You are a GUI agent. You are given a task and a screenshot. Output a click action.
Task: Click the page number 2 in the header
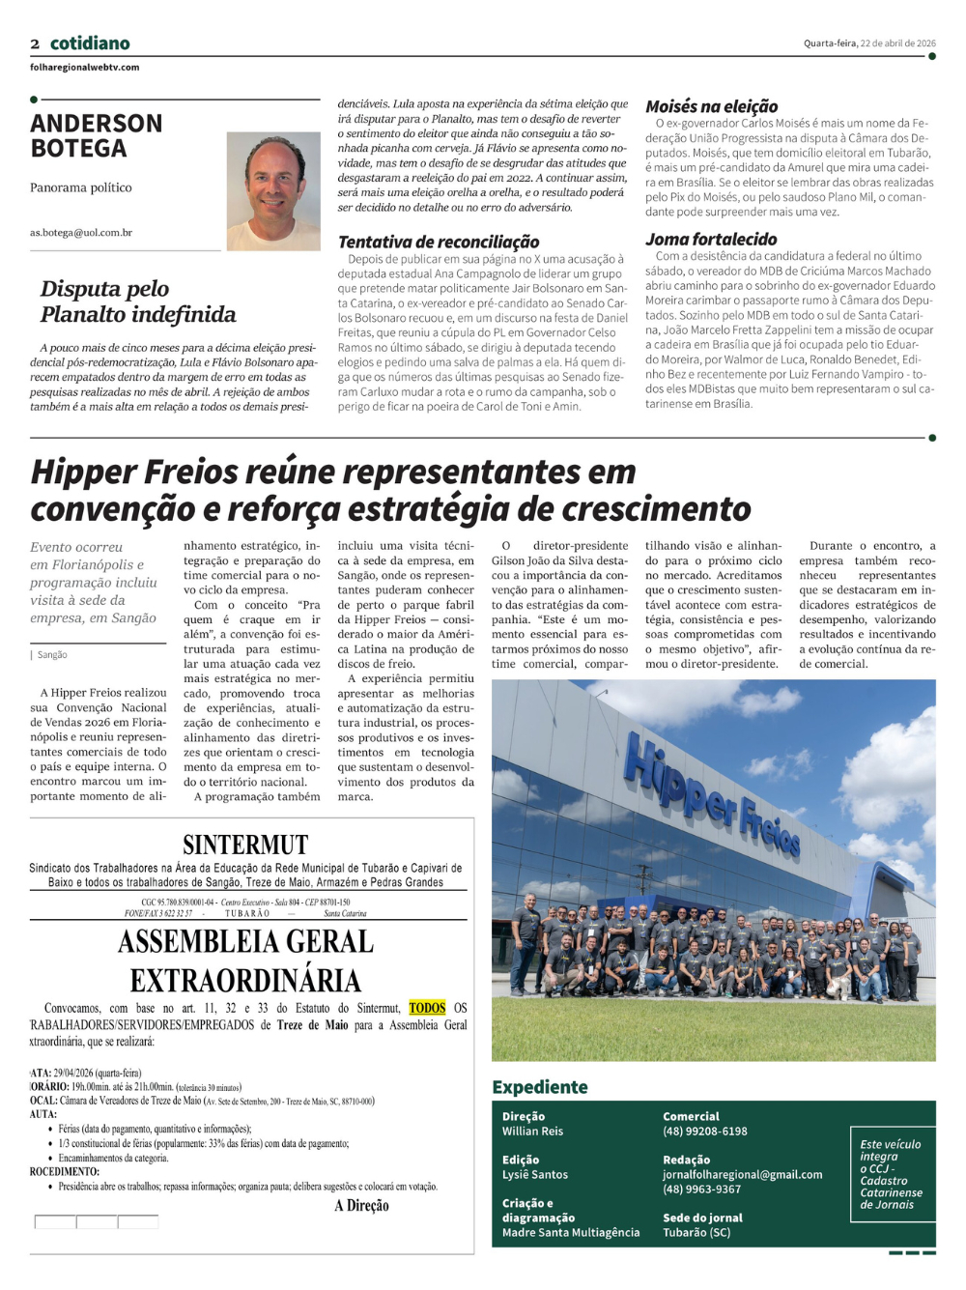[35, 43]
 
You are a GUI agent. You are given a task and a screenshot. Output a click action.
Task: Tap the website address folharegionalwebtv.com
[84, 68]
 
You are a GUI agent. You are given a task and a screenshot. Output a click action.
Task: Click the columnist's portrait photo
[273, 191]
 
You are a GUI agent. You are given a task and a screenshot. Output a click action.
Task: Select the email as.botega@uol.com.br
[81, 233]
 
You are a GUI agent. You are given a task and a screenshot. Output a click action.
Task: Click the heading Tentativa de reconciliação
[439, 243]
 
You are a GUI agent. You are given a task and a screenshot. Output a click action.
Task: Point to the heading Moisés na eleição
[711, 106]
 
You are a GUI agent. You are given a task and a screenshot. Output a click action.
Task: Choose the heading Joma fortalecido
[711, 240]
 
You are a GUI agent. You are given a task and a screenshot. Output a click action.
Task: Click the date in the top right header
[869, 43]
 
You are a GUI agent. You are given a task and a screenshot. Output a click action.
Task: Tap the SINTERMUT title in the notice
[245, 846]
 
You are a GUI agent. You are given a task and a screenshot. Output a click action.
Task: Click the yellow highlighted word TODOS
[427, 1008]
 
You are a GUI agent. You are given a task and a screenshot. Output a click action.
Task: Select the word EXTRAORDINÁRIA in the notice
[245, 981]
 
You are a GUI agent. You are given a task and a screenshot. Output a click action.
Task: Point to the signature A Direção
[361, 1206]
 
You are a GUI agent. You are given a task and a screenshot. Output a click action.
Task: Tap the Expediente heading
[540, 1087]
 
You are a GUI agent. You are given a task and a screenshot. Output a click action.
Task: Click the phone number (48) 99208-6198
[704, 1132]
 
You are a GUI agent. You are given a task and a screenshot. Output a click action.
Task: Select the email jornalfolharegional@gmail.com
[742, 1175]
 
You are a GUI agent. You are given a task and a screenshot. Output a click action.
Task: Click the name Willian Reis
[532, 1132]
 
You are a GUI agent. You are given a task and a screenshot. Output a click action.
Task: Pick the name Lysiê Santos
[534, 1175]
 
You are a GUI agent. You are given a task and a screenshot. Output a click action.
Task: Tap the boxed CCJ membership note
[892, 1174]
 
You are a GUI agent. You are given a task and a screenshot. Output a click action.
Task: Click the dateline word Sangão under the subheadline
[52, 655]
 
